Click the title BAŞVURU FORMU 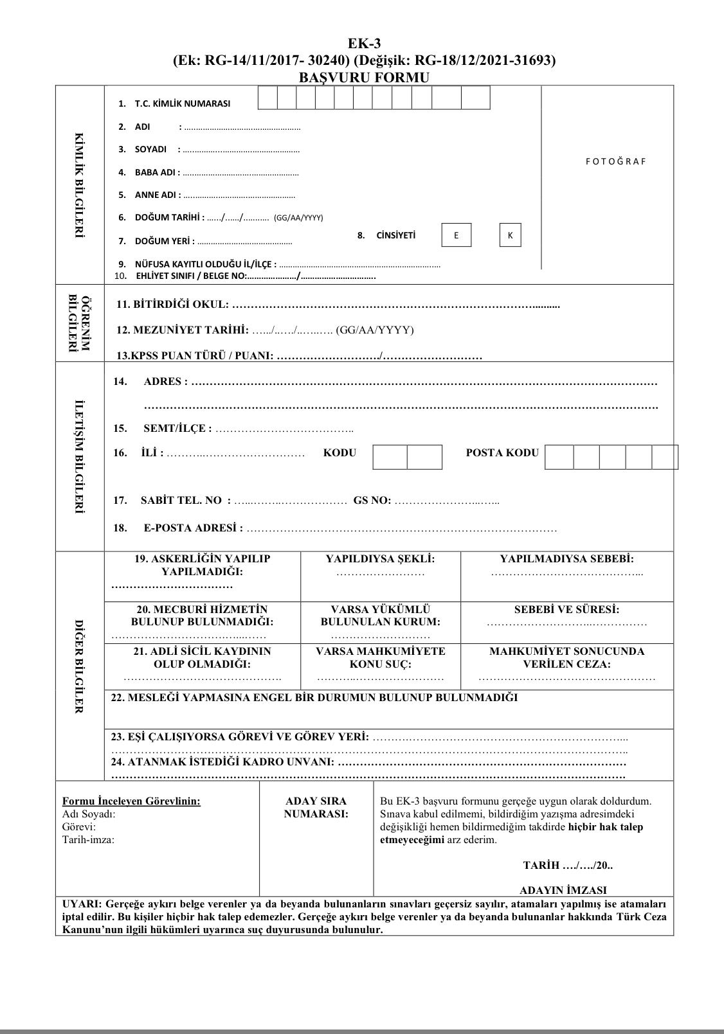pyautogui.click(x=364, y=77)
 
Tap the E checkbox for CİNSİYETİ pyautogui.click(x=457, y=235)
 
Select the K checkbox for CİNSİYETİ pyautogui.click(x=511, y=235)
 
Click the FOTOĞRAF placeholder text pyautogui.click(x=615, y=161)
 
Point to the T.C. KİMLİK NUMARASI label pyautogui.click(x=182, y=103)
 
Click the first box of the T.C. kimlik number pyautogui.click(x=267, y=98)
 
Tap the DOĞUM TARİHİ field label pyautogui.click(x=170, y=217)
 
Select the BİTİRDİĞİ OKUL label pyautogui.click(x=172, y=304)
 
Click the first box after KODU pyautogui.click(x=390, y=457)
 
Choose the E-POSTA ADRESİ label pyautogui.click(x=193, y=528)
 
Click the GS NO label pyautogui.click(x=372, y=500)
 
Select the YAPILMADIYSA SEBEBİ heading pyautogui.click(x=566, y=559)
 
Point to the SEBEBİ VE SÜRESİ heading pyautogui.click(x=566, y=609)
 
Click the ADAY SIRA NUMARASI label pyautogui.click(x=316, y=807)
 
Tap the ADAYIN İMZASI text pyautogui.click(x=563, y=890)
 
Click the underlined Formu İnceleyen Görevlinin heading pyautogui.click(x=131, y=801)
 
